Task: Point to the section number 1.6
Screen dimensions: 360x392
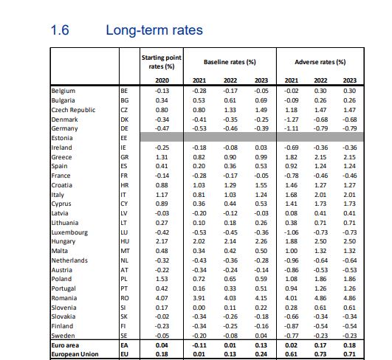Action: pyautogui.click(x=59, y=31)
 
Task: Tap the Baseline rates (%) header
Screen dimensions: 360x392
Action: pyautogui.click(x=226, y=61)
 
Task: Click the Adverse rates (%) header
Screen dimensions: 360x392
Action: pyautogui.click(x=320, y=61)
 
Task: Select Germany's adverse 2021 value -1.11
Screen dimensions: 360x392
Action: pyautogui.click(x=289, y=128)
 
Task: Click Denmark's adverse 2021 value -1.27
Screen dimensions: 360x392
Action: pyautogui.click(x=289, y=119)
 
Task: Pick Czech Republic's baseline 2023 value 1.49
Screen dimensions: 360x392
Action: pyautogui.click(x=259, y=109)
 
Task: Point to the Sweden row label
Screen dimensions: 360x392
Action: pyautogui.click(x=63, y=334)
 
